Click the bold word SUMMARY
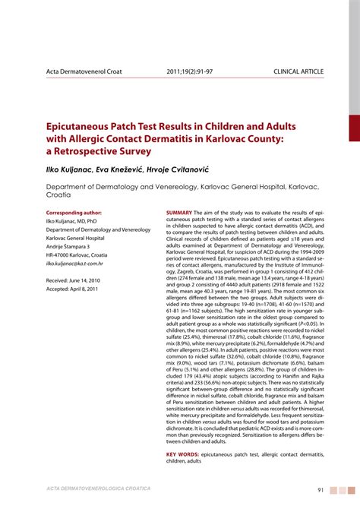[178, 212]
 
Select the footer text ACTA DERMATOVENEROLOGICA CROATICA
[98, 487]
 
